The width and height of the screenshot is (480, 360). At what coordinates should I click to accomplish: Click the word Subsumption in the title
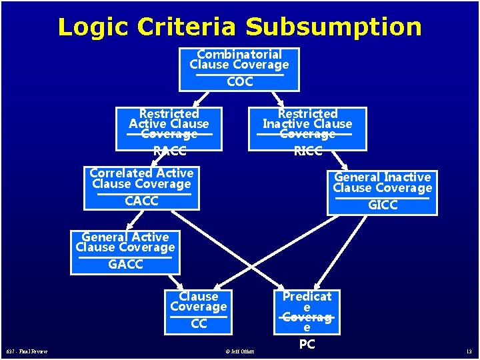(x=333, y=27)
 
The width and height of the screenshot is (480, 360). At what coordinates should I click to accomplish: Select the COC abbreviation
(x=240, y=82)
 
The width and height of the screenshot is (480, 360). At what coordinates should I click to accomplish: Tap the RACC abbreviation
(x=169, y=151)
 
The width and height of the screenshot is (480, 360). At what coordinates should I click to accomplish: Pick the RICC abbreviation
(x=308, y=151)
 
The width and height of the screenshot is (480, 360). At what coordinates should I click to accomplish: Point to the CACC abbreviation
(x=141, y=201)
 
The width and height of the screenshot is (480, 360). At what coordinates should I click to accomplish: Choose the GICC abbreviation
(x=383, y=205)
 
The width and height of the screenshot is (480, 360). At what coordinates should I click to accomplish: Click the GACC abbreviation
(x=125, y=265)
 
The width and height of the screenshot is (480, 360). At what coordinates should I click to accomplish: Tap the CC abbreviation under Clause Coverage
(x=199, y=324)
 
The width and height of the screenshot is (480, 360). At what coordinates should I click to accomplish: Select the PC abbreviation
(x=307, y=344)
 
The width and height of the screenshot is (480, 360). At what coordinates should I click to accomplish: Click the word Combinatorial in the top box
(x=239, y=54)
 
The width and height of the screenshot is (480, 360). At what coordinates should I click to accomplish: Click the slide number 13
(x=469, y=351)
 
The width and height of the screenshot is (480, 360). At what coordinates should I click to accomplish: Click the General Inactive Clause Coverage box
(x=383, y=192)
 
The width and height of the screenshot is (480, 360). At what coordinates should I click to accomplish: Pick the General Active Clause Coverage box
(x=125, y=252)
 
